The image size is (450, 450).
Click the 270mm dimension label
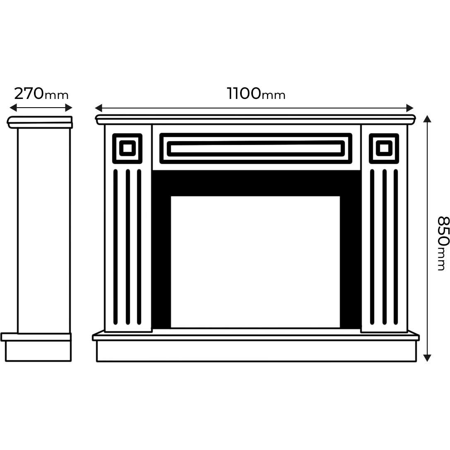click(x=41, y=94)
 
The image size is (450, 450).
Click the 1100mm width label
click(x=256, y=94)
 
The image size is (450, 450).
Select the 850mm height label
click(x=443, y=243)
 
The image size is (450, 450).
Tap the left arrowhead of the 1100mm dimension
click(x=99, y=108)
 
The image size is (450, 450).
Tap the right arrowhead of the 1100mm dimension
click(x=410, y=108)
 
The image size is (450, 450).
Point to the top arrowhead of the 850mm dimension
click(x=427, y=119)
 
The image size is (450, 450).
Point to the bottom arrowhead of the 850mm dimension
click(x=427, y=358)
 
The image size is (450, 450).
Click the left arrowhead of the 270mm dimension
click(x=13, y=108)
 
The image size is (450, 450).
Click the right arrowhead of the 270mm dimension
click(x=69, y=108)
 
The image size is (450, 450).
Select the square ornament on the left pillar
click(x=127, y=148)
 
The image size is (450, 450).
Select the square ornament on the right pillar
click(x=384, y=148)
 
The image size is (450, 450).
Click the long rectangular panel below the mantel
click(x=256, y=148)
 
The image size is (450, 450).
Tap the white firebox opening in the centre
click(x=255, y=262)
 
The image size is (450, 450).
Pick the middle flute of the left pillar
click(x=128, y=247)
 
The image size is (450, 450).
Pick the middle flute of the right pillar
click(x=385, y=247)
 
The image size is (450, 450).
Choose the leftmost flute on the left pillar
click(x=116, y=247)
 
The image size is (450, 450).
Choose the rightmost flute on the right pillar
click(x=396, y=247)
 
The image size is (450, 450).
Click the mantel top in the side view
click(x=40, y=122)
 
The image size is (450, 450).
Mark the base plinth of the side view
click(x=36, y=347)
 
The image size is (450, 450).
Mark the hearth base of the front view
click(x=256, y=346)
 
